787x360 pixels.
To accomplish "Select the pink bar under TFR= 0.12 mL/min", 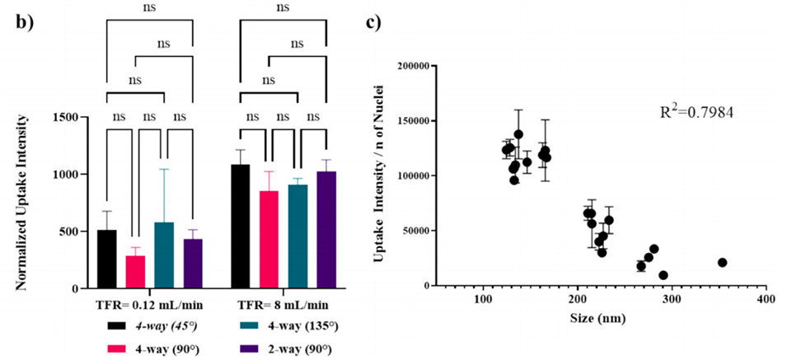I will point(135,273).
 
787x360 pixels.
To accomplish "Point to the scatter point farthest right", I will point(722,263).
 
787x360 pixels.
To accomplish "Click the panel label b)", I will point(24,22).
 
